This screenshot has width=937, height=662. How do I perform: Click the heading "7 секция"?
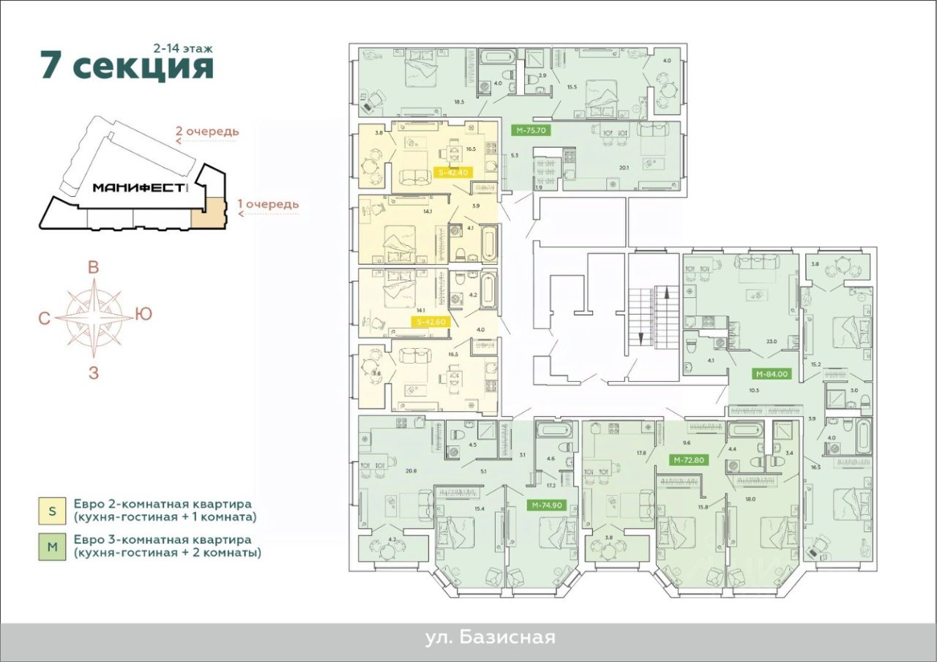pos(127,66)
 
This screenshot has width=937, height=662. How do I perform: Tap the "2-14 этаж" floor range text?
pos(183,47)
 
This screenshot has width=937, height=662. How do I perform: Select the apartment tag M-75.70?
pos(531,130)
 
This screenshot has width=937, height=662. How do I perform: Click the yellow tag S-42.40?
pos(453,173)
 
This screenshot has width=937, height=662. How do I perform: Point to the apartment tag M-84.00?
pos(771,373)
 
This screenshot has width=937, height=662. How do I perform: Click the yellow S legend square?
pos(52,511)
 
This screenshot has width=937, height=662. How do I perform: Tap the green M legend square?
pos(52,546)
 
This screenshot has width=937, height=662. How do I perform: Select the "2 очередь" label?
pos(207,132)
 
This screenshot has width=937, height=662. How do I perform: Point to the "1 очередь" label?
pos(271,204)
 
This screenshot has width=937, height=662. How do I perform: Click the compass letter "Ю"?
pos(143,315)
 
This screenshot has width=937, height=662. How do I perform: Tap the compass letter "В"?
pos(94,268)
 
